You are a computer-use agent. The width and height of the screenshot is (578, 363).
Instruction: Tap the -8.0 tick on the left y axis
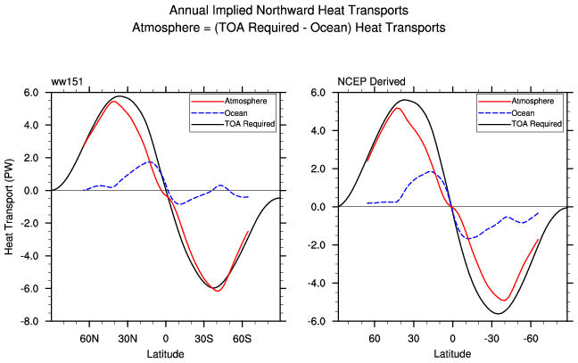[x=31, y=321]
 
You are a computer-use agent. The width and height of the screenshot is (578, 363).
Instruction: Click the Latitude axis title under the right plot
[x=453, y=354]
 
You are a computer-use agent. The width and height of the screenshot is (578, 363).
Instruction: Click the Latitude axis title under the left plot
[x=167, y=354]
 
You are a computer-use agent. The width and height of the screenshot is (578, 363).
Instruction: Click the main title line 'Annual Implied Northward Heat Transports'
[x=288, y=12]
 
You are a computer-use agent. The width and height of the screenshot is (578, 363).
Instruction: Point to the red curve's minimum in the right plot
[x=504, y=300]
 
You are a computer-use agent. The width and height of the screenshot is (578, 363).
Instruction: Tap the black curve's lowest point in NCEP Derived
[x=498, y=313]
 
